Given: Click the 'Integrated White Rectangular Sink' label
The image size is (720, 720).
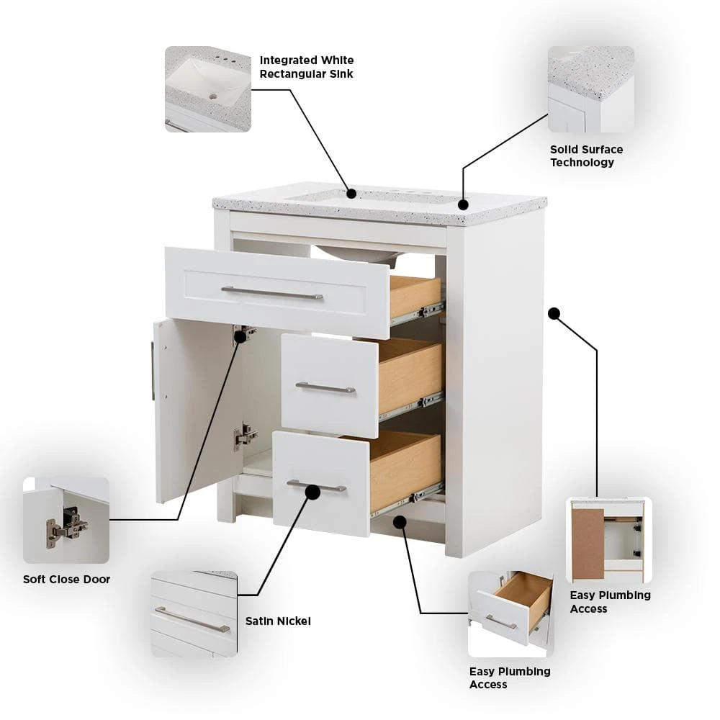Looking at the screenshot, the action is coord(307,67).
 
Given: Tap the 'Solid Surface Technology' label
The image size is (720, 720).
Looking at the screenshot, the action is coord(586,156).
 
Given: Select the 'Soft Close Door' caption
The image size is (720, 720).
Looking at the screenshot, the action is coord(66,579).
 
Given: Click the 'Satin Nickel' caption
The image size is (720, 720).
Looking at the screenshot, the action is coord(278,621).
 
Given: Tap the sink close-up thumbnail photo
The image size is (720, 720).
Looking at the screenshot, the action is coord(208,89).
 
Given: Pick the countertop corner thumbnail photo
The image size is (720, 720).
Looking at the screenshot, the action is coord(591,89).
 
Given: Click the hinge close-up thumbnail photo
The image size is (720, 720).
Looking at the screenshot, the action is coord(66,521).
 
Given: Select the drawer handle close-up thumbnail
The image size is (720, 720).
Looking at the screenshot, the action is coord(194,614).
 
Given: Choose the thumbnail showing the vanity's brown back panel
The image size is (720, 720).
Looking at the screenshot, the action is coord(609,540).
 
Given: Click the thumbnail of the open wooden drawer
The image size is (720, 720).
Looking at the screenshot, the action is coord(510,614).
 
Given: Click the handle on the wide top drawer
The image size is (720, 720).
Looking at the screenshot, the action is coord(272,293).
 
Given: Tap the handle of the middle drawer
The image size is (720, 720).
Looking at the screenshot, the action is coord(325,388).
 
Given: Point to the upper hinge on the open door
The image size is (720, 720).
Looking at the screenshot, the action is coord(243,333).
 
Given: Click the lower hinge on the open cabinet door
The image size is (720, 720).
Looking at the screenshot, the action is coord(245,436).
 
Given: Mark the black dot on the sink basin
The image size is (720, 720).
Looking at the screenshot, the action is coord(351,194).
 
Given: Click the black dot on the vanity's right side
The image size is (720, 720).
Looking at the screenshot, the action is coord(554,314).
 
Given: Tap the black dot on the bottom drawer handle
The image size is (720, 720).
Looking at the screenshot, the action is coord(312,492).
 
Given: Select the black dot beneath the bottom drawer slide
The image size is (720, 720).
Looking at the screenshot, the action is coord(400,521).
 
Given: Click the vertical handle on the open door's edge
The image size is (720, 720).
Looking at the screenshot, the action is coord(153,371).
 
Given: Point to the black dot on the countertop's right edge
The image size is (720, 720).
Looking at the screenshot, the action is coord(463,204).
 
